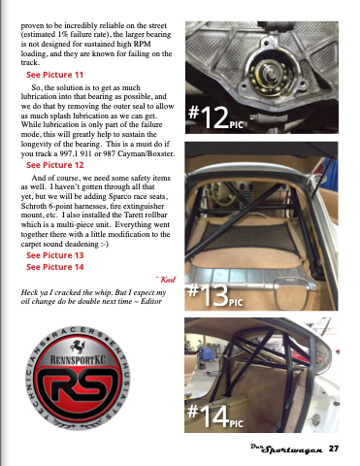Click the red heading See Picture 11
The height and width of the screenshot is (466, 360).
tap(54, 75)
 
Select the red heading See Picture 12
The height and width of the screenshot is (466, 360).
tap(55, 165)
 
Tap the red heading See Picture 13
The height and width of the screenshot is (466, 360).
tap(55, 255)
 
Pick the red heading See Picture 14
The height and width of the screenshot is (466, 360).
tap(55, 267)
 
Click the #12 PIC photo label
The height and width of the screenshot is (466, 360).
tap(215, 117)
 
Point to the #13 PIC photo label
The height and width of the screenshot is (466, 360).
tap(215, 294)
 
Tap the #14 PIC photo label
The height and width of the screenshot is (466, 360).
tap(215, 416)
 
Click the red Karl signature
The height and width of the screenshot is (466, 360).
tap(167, 280)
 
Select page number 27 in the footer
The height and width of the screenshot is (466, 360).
tap(334, 449)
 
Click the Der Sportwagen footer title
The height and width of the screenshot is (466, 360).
tap(286, 449)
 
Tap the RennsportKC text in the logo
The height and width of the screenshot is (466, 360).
tap(78, 360)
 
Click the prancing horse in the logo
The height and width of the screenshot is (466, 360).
tap(78, 347)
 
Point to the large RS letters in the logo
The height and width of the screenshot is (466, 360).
tap(78, 384)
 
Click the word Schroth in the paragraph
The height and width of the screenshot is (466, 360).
tap(34, 206)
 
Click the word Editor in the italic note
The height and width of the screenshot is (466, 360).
tap(151, 301)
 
